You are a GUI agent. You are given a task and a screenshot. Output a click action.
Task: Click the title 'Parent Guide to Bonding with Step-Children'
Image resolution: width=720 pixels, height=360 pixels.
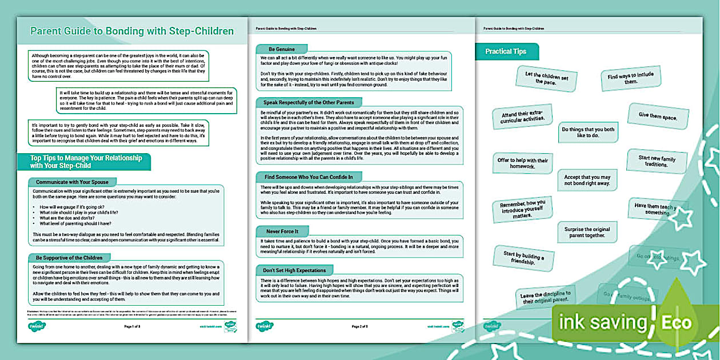132,31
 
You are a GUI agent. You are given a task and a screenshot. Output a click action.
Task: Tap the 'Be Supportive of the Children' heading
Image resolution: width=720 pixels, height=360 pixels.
69,257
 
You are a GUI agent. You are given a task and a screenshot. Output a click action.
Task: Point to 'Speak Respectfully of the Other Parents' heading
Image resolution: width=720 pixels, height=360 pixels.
309,102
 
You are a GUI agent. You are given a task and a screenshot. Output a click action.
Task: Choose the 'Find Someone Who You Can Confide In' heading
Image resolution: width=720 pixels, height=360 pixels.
309,177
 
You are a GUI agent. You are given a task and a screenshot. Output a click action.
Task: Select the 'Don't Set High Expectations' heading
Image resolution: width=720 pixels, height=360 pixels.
294,270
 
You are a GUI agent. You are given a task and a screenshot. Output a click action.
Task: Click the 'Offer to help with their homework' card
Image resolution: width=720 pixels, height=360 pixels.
522,163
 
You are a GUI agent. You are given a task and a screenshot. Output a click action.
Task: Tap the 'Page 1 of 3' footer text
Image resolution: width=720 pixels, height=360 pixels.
135,327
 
